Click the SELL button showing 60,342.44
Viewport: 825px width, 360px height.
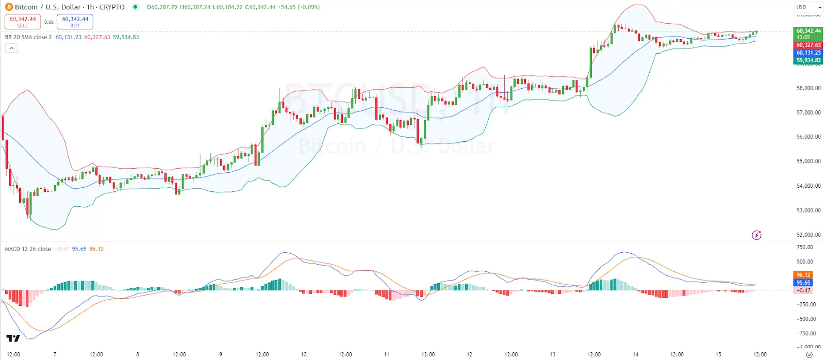23,22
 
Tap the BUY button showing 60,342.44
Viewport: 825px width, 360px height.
75,22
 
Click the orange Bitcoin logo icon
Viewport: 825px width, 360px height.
9,7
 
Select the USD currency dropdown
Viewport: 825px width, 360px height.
807,7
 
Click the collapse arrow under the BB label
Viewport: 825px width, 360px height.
11,48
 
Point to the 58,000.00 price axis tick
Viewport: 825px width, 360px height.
808,88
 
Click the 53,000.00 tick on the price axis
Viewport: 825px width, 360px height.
808,210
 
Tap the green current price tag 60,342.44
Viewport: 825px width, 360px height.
808,31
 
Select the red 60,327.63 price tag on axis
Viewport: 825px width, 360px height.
808,45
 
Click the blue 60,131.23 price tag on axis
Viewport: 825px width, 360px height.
808,53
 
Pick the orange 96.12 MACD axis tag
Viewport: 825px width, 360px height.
803,275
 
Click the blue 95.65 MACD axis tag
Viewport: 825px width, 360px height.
803,283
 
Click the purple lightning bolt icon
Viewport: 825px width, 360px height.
756,235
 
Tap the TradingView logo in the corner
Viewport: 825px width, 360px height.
13,338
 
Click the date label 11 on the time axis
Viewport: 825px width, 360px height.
387,354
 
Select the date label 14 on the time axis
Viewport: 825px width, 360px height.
635,354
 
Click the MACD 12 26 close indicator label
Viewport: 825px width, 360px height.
28,249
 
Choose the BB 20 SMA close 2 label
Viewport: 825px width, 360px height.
28,37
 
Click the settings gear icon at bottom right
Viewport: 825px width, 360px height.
809,355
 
